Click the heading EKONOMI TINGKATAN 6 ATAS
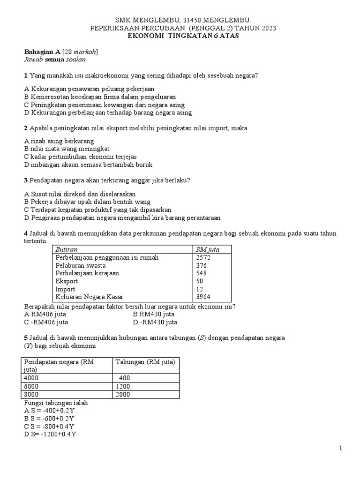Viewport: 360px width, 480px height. coord(183,36)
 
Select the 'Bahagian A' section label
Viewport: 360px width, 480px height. coord(42,52)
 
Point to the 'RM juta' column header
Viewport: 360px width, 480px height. coord(208,249)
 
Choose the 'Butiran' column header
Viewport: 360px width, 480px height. coord(67,249)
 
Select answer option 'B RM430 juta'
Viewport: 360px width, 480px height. coord(154,314)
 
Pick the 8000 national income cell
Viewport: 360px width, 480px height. coord(32,395)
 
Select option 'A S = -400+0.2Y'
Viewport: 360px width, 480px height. coord(49,411)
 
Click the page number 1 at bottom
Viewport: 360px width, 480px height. coord(341,449)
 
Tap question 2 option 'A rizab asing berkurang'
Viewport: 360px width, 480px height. coord(59,141)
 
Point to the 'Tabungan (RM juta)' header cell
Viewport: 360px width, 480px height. coord(145,362)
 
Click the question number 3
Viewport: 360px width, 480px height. coord(26,180)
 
